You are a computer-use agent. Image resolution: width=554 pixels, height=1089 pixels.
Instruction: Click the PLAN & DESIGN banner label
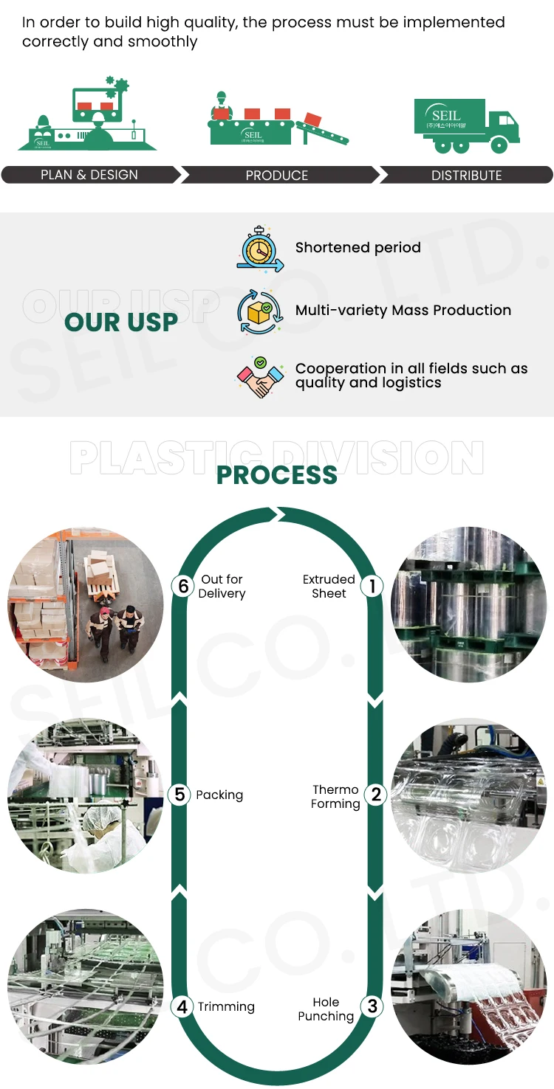(x=89, y=175)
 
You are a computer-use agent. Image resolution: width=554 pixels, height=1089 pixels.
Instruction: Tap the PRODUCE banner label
(x=277, y=176)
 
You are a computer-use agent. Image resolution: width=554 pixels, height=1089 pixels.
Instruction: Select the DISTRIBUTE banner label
(x=466, y=176)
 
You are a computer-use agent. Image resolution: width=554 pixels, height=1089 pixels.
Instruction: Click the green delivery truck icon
(x=466, y=126)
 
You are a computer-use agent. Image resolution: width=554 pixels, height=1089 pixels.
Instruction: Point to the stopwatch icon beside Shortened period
(x=260, y=249)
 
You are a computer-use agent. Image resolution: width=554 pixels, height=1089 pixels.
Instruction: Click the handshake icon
(x=260, y=377)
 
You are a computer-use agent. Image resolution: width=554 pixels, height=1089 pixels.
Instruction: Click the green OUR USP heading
(x=121, y=322)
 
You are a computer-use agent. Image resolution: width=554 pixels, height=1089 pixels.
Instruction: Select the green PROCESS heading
(x=277, y=474)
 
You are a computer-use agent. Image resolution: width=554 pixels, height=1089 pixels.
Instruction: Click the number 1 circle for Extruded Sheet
(x=372, y=587)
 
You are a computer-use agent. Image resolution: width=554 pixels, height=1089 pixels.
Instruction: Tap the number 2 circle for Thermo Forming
(x=376, y=795)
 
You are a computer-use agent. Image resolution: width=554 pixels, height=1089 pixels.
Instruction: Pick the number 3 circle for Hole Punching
(x=372, y=1006)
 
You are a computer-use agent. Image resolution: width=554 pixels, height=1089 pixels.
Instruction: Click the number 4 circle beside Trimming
(x=182, y=1006)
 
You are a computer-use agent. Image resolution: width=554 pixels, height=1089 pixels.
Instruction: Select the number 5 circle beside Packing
(x=179, y=795)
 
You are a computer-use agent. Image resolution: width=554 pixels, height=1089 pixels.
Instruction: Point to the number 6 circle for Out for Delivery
(x=183, y=587)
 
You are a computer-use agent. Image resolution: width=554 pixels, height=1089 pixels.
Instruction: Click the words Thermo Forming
(x=335, y=796)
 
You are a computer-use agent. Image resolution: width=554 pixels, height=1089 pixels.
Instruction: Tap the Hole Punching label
(x=326, y=1009)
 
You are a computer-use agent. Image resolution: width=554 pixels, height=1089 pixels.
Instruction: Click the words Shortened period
(x=358, y=248)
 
